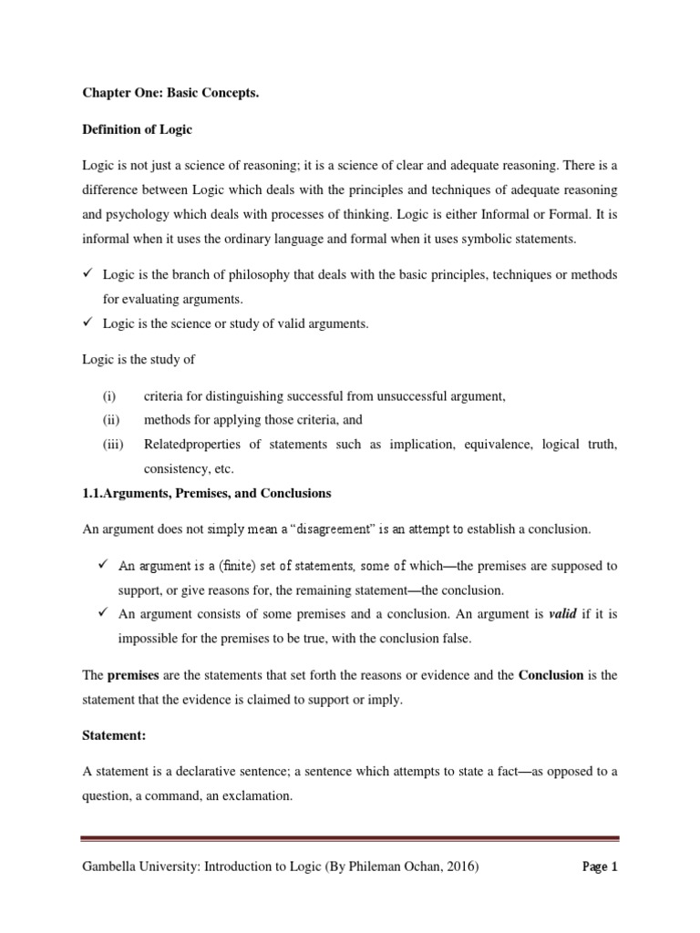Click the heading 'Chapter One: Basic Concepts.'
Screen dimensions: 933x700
(x=164, y=93)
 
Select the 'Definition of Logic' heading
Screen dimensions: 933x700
(x=137, y=129)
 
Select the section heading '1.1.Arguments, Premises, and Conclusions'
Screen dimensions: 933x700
(x=207, y=493)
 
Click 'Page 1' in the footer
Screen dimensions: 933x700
(x=600, y=867)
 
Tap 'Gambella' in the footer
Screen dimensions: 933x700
(x=109, y=867)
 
